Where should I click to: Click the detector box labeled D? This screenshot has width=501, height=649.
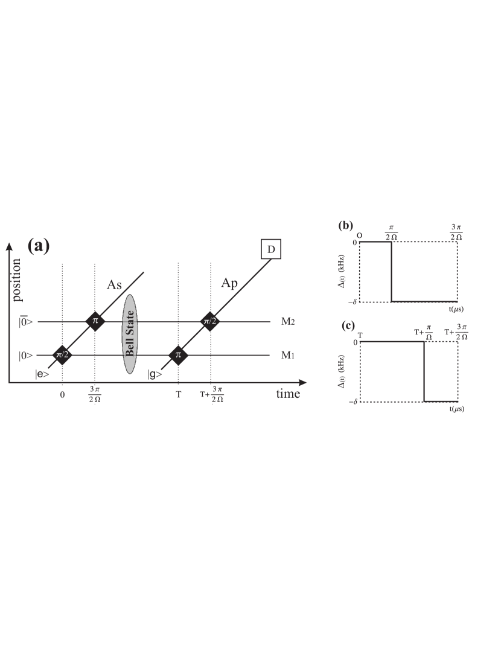tap(271, 249)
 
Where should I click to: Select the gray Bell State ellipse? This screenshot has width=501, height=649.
tap(130, 334)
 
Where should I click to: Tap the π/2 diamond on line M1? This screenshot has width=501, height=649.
tap(62, 355)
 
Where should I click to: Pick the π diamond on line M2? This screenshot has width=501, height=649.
tap(95, 321)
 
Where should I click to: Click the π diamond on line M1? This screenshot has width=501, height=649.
tap(178, 355)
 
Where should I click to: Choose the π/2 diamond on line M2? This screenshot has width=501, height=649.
tap(210, 321)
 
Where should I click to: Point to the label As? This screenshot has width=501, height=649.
tap(114, 285)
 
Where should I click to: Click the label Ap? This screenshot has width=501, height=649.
tap(229, 283)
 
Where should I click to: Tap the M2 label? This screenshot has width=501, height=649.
tap(288, 321)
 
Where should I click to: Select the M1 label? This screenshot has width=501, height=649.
tap(288, 355)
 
